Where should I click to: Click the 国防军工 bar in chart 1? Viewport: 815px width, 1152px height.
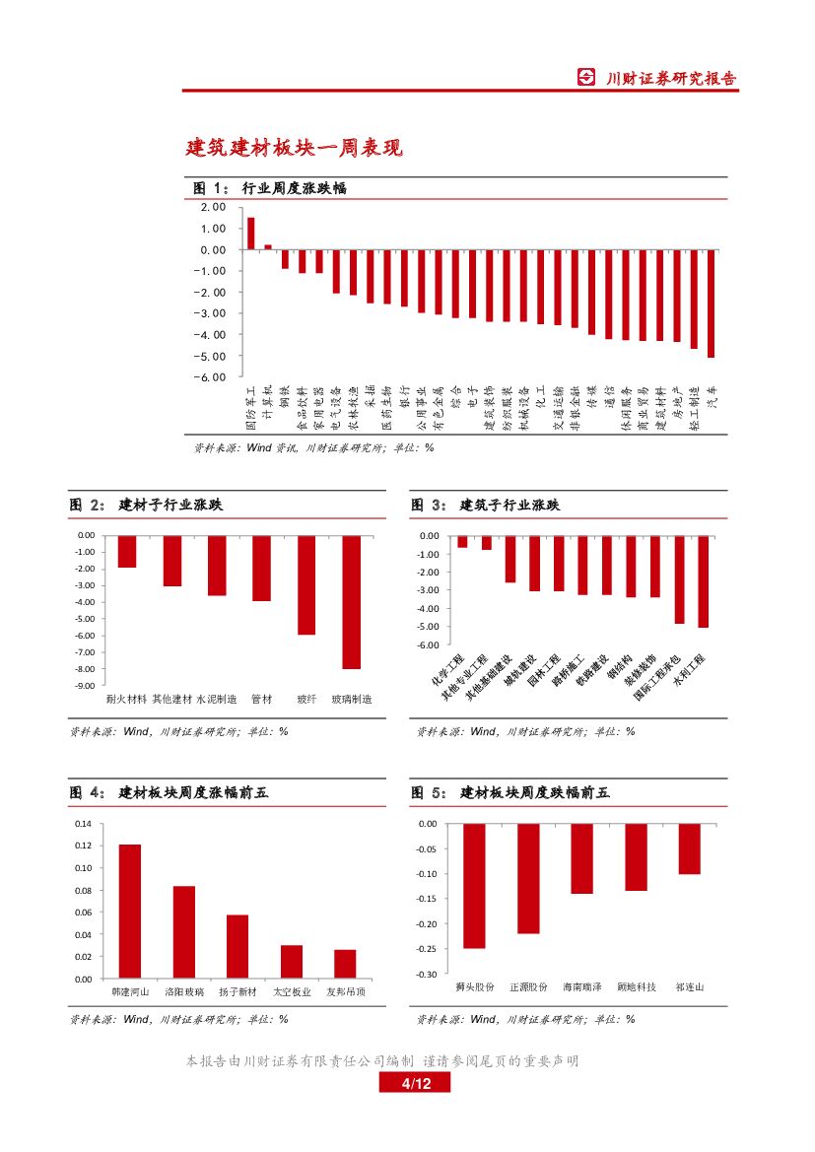(x=250, y=234)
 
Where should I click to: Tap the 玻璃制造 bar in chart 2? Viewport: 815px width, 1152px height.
(x=351, y=602)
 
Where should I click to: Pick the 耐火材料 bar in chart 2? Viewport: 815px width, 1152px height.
(x=126, y=552)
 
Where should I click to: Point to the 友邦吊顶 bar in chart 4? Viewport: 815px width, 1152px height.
(x=345, y=964)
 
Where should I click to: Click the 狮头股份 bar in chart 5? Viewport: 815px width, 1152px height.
(x=474, y=885)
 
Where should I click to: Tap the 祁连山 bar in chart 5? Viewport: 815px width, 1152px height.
(x=689, y=848)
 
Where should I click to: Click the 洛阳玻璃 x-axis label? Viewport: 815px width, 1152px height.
(x=184, y=991)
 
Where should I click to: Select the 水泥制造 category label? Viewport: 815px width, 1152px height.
(x=216, y=699)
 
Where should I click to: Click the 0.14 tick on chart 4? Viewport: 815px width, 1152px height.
(x=83, y=824)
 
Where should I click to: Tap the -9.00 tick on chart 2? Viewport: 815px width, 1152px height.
(x=86, y=685)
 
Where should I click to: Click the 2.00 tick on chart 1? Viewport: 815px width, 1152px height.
(x=212, y=207)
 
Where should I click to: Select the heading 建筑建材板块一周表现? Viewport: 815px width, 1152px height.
(x=295, y=149)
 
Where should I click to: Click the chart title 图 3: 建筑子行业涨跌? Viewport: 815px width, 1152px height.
(x=486, y=506)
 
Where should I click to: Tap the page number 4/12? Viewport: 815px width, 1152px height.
(x=414, y=1084)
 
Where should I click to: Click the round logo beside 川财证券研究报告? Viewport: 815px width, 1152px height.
(x=586, y=79)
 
